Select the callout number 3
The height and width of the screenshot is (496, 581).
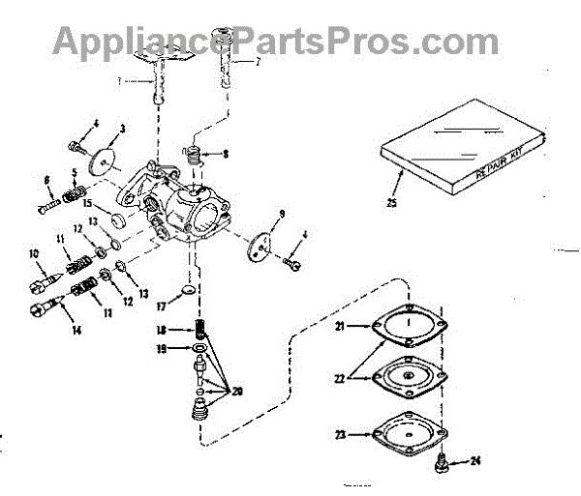123,129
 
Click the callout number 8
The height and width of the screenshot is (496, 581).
226,153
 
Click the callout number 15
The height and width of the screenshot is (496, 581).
86,204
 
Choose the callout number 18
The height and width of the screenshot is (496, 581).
162,330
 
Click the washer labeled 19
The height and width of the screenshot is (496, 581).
199,347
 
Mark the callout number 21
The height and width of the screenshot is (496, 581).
340,327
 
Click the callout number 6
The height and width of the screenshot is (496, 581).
46,179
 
